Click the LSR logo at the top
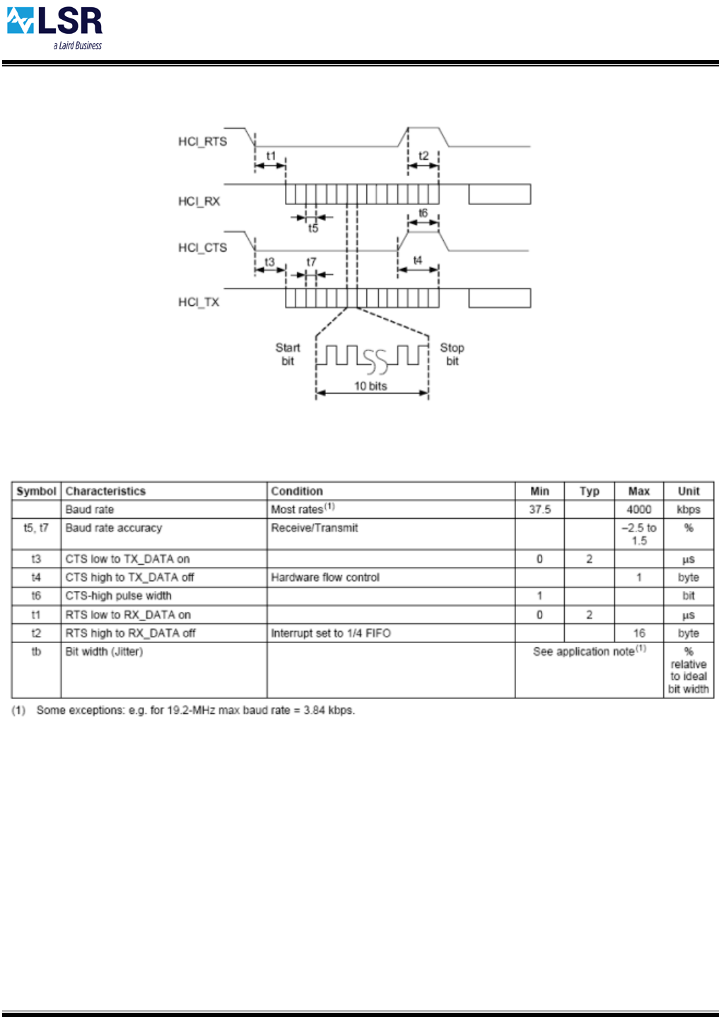click(55, 27)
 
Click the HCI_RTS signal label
click(202, 141)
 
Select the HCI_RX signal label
click(199, 201)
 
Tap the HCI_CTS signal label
click(202, 247)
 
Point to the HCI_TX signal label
click(199, 302)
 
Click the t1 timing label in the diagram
click(271, 155)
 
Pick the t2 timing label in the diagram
click(423, 155)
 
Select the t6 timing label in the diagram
click(423, 213)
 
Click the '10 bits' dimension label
click(370, 386)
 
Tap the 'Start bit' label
click(287, 354)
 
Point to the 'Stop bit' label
click(452, 354)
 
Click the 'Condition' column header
click(297, 491)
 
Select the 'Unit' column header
click(689, 491)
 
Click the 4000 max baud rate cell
click(638, 510)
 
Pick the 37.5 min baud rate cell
click(539, 510)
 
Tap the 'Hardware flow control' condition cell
click(325, 577)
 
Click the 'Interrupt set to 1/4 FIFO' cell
click(331, 633)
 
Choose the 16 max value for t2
click(638, 633)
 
